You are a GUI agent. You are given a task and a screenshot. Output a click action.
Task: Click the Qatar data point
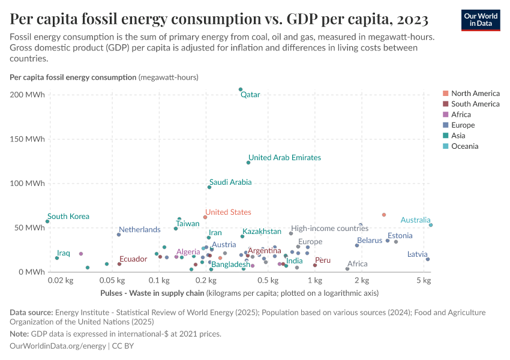click(x=241, y=89)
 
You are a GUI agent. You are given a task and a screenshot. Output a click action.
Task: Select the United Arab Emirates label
click(x=284, y=158)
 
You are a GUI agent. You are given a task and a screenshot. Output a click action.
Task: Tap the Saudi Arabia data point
click(x=209, y=187)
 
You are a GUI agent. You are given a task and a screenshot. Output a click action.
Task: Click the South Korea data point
click(x=47, y=221)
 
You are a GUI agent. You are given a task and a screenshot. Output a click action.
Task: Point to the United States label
click(x=228, y=212)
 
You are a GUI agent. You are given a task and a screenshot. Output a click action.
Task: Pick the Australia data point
click(x=431, y=225)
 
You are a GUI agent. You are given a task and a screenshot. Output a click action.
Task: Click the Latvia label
click(x=418, y=254)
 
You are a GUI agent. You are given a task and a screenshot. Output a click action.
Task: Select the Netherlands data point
click(x=119, y=235)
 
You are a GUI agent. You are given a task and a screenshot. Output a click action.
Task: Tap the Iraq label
click(x=64, y=253)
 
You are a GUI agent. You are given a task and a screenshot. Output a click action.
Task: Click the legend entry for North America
click(x=475, y=94)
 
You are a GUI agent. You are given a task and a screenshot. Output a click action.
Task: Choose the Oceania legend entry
click(x=464, y=146)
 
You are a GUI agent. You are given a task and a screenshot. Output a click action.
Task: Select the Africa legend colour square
click(x=445, y=115)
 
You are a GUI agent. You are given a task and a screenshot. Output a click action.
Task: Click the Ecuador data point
click(x=119, y=264)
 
